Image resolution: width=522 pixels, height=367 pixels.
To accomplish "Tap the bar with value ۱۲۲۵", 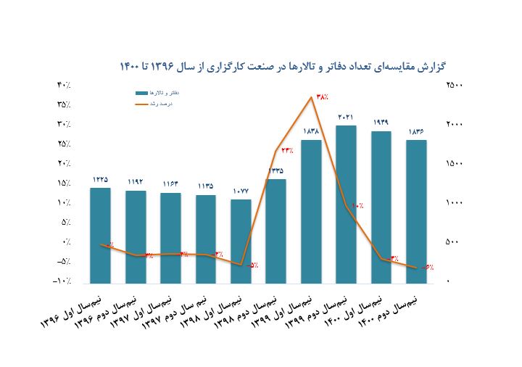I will (100, 236).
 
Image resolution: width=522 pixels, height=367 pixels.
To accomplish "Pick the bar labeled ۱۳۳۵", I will (275, 231).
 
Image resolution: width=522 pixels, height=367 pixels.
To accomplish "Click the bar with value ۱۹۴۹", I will (381, 207).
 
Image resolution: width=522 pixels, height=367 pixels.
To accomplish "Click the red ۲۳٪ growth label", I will (286, 151).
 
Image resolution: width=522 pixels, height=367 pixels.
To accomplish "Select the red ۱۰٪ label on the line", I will (357, 207).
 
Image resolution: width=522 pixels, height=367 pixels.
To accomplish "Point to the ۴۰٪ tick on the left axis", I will (64, 85).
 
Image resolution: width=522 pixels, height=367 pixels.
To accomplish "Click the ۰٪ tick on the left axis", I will (66, 242).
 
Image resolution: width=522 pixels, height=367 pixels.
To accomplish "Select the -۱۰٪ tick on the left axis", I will (63, 281).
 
